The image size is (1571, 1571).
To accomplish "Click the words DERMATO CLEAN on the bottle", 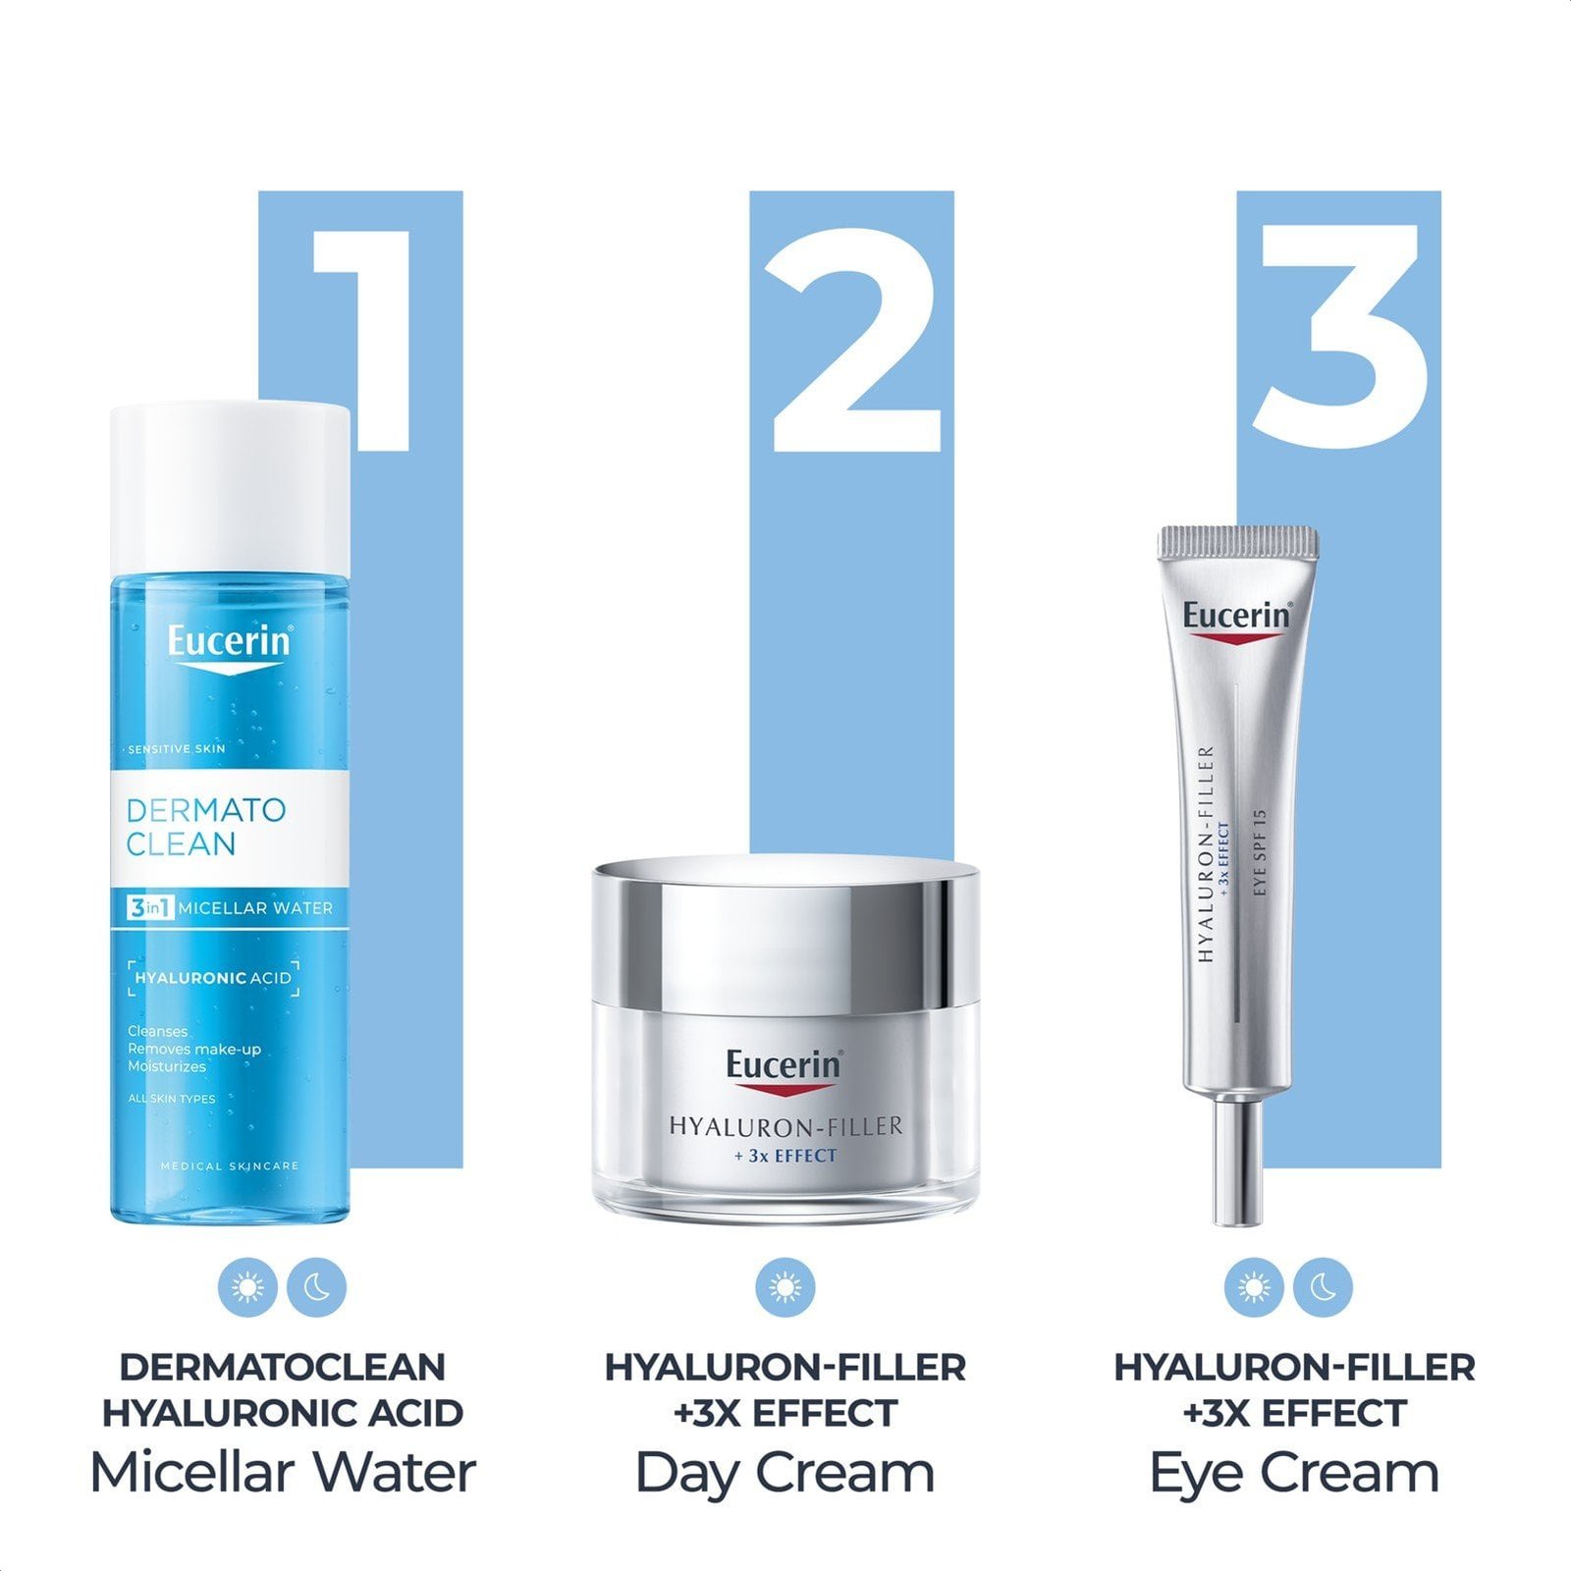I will tap(206, 827).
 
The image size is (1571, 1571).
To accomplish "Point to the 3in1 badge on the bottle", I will tap(150, 908).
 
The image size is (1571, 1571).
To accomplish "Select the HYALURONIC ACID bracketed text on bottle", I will tap(213, 978).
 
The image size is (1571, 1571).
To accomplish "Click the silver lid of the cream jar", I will tap(785, 933).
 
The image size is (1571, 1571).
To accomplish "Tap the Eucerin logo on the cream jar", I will tap(785, 1068).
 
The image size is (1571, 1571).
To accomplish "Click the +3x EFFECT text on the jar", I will tap(785, 1157).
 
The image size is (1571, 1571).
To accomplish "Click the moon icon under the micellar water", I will tap(317, 1287).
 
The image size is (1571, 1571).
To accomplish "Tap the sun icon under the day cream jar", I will tap(785, 1287).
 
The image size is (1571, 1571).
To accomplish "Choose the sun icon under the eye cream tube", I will tap(1254, 1287).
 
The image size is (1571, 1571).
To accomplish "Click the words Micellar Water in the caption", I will tap(283, 1473).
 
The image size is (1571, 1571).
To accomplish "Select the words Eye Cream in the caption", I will tap(1294, 1473).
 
